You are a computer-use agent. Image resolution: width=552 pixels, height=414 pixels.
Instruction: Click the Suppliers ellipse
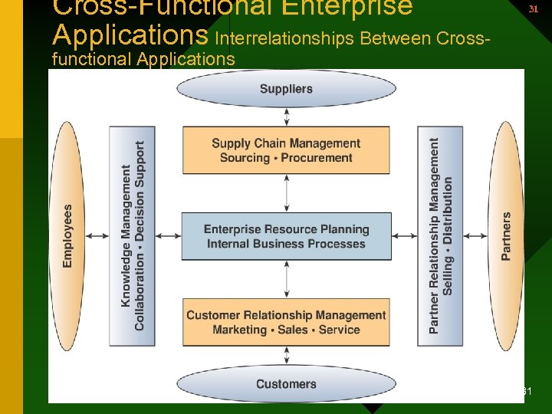pos(286,89)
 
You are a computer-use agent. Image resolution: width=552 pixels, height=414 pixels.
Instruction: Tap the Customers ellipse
pos(286,383)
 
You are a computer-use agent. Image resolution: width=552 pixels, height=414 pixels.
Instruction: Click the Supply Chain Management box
pos(286,150)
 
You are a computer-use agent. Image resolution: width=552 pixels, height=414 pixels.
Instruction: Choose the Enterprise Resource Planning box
pos(286,236)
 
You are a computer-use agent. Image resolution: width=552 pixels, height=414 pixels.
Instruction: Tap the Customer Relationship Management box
pos(286,322)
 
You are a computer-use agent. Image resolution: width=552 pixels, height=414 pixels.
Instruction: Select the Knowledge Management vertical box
pos(132,235)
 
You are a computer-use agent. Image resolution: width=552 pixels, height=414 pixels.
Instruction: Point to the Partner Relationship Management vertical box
pos(440,235)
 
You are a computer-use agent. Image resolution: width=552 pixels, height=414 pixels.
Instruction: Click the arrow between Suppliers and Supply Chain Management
pos(287,117)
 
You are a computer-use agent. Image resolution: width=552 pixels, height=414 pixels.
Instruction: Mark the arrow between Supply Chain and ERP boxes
pos(287,193)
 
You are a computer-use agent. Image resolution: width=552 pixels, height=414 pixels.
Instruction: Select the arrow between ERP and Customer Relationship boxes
pos(287,279)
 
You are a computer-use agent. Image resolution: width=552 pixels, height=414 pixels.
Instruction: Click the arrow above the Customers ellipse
pos(287,355)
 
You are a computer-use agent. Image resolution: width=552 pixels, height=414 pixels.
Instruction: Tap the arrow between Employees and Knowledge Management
pos(97,236)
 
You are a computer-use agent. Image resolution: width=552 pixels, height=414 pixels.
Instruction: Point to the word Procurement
pos(317,158)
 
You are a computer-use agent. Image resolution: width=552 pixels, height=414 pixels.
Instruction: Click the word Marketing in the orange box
pos(239,330)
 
